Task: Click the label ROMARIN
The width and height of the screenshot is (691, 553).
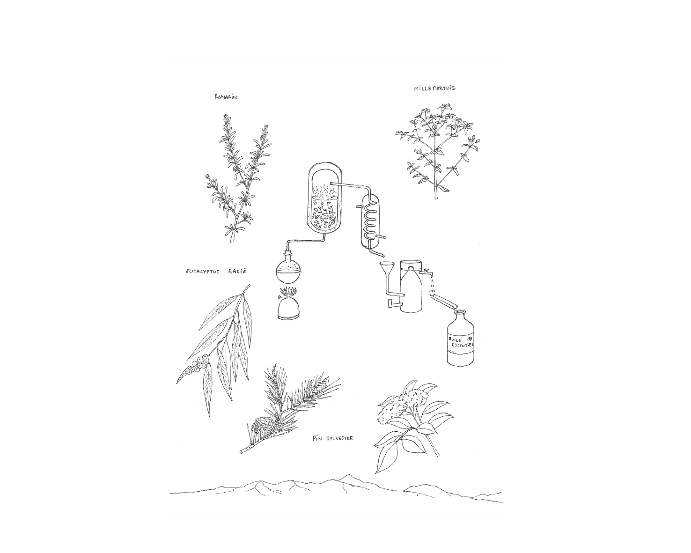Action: coord(226,96)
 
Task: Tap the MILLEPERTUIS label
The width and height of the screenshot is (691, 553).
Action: coord(434,88)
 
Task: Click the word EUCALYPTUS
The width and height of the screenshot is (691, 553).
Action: coord(203,272)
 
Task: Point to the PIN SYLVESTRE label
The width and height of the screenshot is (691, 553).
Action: coord(333,438)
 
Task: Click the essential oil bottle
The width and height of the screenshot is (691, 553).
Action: coord(461,338)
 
